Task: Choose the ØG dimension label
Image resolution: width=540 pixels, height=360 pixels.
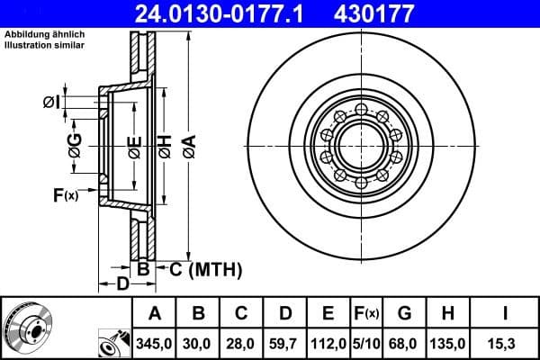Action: (75, 143)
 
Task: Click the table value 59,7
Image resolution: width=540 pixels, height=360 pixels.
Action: (284, 343)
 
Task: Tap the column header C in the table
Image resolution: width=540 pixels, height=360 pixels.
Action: (241, 313)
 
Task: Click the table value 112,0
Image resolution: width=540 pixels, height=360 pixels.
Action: (328, 343)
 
